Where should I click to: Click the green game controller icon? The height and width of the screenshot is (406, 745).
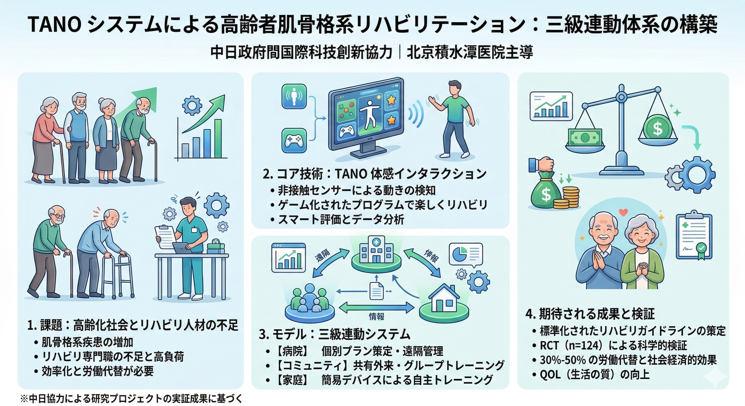click(x=294, y=140)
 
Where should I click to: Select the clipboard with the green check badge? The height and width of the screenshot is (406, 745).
click(x=694, y=234)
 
